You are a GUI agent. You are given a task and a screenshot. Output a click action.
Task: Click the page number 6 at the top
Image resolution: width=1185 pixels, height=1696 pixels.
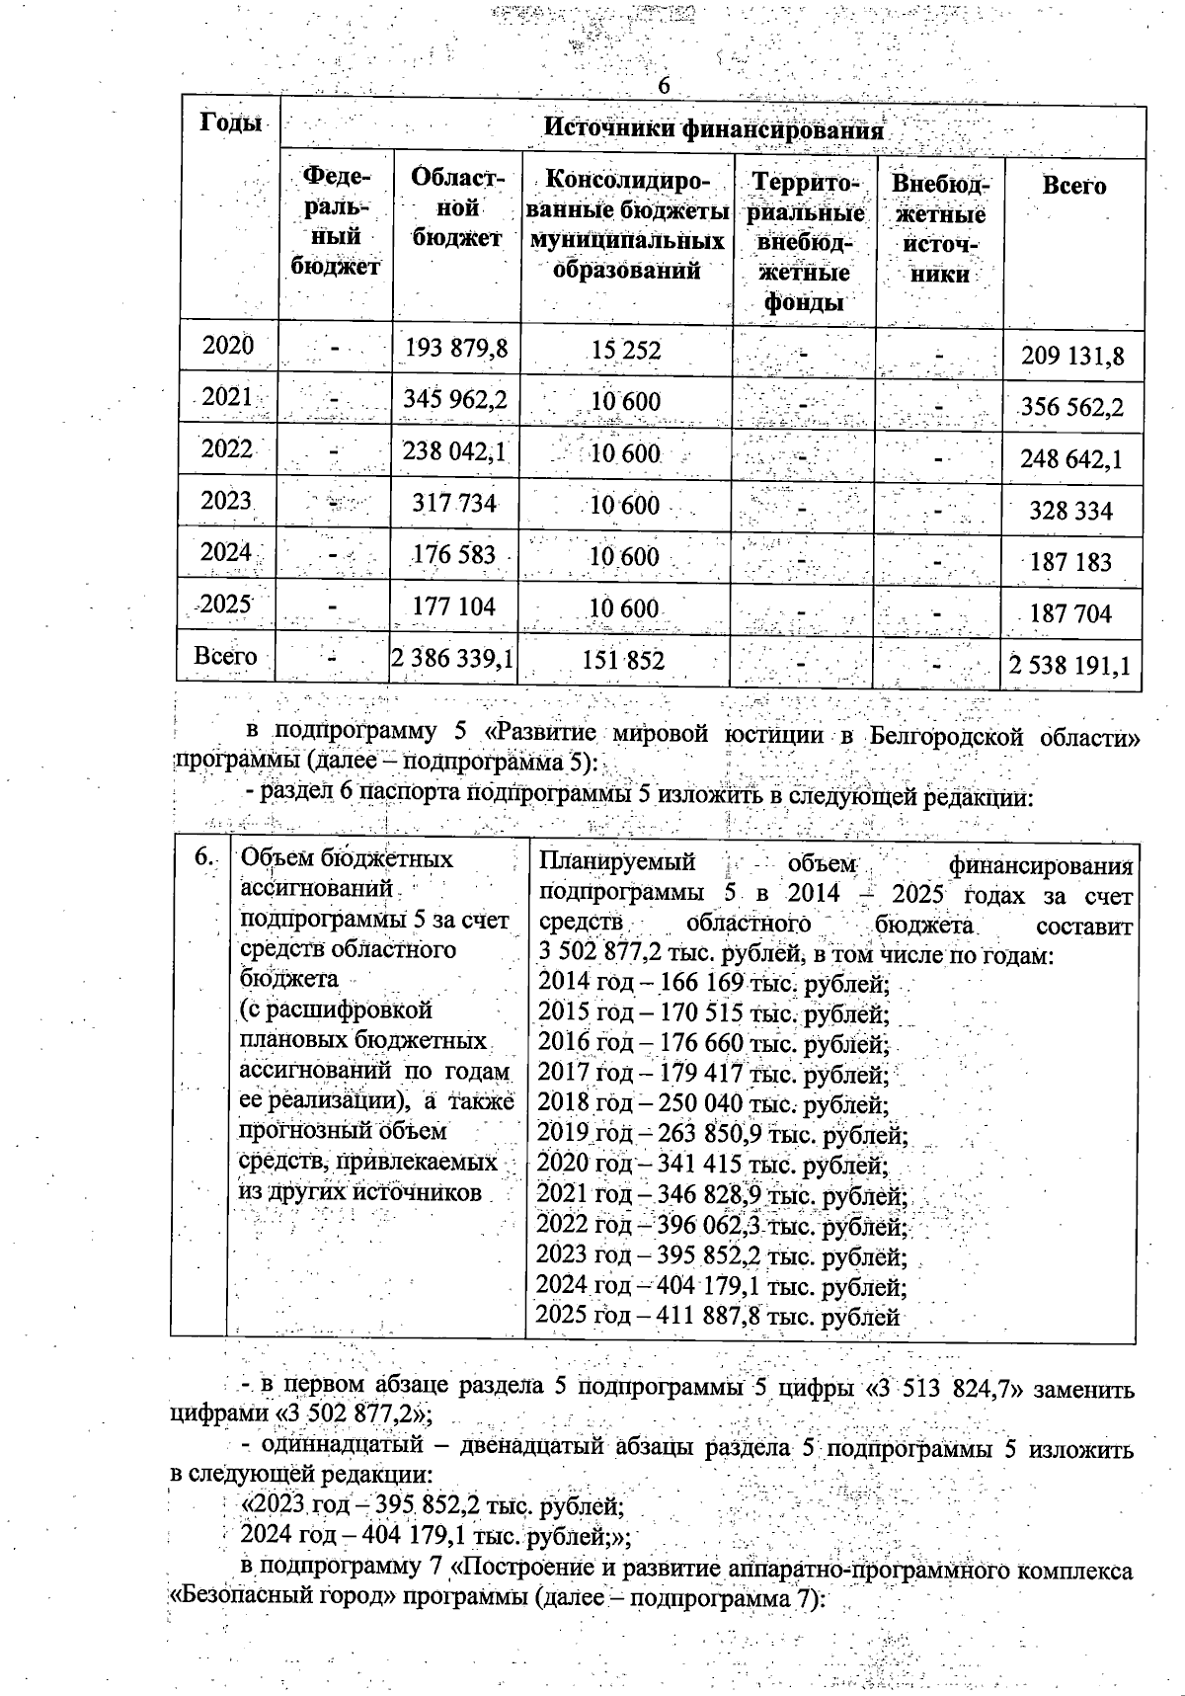pos(664,87)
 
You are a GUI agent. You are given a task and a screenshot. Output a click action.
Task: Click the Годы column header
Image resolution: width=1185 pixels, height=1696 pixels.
pos(231,122)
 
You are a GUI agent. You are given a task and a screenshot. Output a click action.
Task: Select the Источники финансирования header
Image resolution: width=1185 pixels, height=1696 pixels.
pos(713,129)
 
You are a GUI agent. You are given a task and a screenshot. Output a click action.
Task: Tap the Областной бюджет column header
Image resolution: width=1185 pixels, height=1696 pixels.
pos(457,208)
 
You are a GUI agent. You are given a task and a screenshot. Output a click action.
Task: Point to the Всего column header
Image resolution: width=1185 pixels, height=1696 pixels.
pos(1073,186)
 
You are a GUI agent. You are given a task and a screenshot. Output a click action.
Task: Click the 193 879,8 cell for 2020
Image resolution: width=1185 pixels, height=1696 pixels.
pos(456,348)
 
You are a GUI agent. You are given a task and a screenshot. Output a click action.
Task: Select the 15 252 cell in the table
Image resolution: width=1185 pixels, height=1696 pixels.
pos(626,351)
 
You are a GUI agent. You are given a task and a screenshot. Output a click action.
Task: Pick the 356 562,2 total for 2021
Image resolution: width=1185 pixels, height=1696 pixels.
pos(1070,407)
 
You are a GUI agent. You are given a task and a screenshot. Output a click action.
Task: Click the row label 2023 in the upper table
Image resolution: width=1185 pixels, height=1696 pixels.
pos(227,500)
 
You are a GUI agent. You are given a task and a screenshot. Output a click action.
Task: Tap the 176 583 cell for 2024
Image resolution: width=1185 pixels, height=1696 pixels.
pos(454,554)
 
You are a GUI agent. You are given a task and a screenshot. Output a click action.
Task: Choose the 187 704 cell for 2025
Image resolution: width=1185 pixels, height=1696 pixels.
pos(1070,613)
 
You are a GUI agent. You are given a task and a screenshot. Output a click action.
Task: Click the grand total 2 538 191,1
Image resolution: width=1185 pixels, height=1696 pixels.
pos(1068,665)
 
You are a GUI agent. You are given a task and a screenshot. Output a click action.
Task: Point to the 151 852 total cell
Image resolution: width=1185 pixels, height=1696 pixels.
pos(624,661)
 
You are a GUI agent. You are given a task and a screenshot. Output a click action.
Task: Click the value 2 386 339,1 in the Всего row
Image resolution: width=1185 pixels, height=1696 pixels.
pos(453,659)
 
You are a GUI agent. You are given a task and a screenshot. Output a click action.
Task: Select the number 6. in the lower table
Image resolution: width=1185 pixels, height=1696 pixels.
pos(203,857)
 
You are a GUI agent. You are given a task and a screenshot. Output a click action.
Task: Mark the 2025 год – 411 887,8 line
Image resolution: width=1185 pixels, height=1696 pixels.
pos(718,1317)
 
